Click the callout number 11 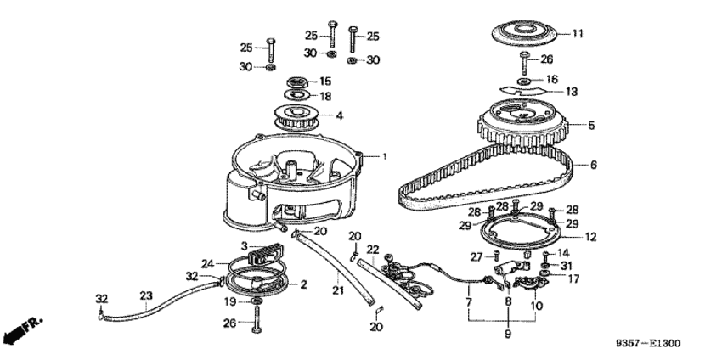pos(577,34)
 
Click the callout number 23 pos(145,295)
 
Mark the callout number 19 pos(228,301)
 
